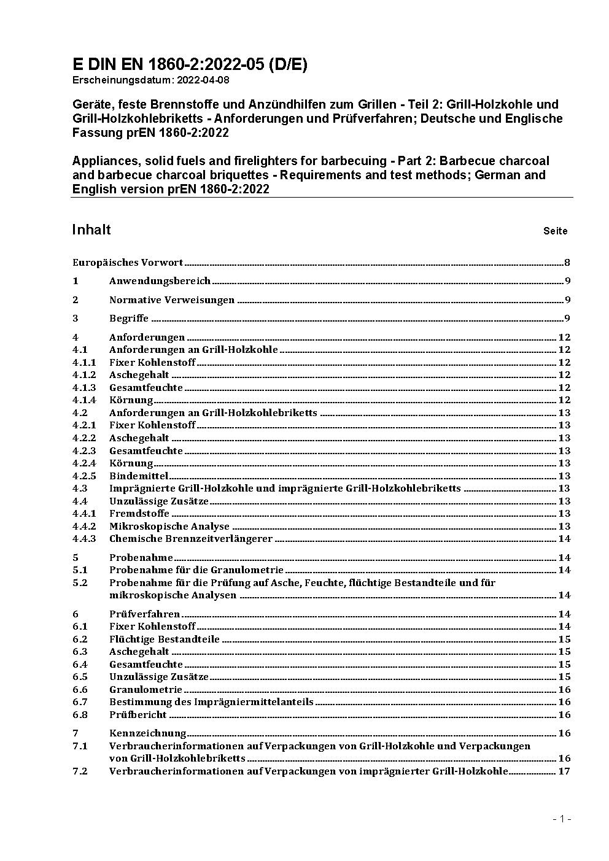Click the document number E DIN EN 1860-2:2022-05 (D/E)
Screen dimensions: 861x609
point(190,64)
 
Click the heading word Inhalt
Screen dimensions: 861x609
point(91,230)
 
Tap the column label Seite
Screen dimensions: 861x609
point(555,231)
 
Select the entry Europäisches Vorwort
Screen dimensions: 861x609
point(128,263)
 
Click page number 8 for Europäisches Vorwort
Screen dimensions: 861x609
point(567,263)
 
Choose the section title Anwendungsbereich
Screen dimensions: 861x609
point(160,281)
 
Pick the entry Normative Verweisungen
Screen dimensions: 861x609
point(172,300)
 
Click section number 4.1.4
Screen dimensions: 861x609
point(84,400)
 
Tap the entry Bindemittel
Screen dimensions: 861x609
point(139,476)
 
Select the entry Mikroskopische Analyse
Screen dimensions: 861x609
point(169,526)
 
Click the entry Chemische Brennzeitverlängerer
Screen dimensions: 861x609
point(191,539)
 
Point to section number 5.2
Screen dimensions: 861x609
point(80,582)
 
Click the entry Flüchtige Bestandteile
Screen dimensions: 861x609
point(165,639)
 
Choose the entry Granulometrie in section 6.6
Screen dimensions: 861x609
point(145,689)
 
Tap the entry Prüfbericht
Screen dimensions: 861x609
point(138,714)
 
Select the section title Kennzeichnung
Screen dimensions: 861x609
point(147,733)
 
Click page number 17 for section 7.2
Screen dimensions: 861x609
point(564,771)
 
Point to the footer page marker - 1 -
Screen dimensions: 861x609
point(562,819)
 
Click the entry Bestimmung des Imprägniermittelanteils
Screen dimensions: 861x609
point(211,701)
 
